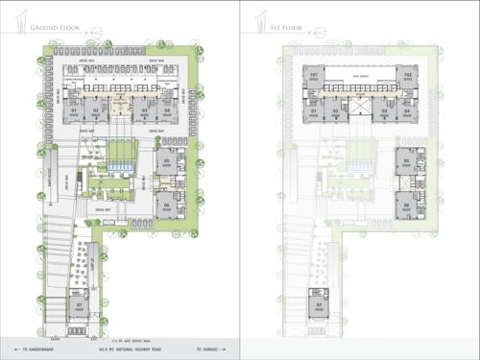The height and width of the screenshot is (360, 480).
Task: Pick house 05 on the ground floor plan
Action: click(x=166, y=160)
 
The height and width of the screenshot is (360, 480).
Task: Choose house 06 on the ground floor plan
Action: click(x=166, y=204)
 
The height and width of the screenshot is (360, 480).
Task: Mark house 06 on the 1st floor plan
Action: click(x=407, y=204)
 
